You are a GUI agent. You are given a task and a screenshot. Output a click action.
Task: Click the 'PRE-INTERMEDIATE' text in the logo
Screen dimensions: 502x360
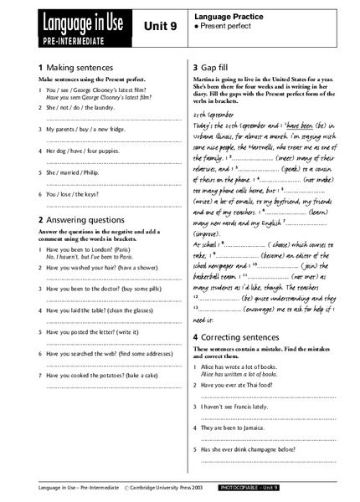click(x=69, y=38)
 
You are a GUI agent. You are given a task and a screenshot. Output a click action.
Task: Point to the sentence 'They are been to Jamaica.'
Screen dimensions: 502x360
click(x=241, y=426)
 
